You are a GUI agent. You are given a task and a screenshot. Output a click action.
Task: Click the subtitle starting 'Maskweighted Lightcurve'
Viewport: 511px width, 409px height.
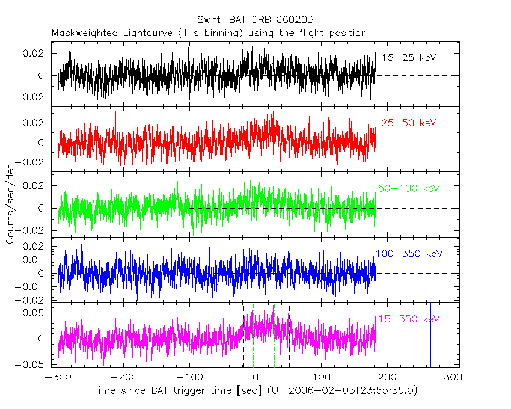(x=209, y=33)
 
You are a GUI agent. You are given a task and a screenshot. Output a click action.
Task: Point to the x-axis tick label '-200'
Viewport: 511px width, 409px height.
(x=123, y=377)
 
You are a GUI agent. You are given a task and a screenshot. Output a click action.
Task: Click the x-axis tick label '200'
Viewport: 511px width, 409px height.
(x=387, y=377)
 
